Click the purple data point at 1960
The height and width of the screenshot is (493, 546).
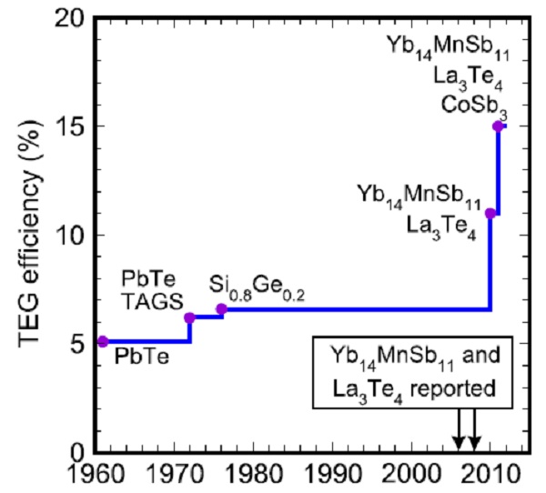click(x=102, y=341)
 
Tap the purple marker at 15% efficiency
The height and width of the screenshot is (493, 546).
click(x=498, y=126)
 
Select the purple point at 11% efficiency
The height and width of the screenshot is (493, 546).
click(x=490, y=213)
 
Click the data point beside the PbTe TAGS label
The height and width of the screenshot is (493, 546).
click(x=189, y=317)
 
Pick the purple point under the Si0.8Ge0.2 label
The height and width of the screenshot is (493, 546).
click(x=221, y=309)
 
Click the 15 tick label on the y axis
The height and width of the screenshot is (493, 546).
click(x=75, y=126)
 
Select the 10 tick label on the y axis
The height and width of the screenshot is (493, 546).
click(x=75, y=235)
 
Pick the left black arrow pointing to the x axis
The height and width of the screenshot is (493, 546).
click(x=460, y=432)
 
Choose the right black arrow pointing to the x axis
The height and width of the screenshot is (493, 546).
click(x=475, y=432)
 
